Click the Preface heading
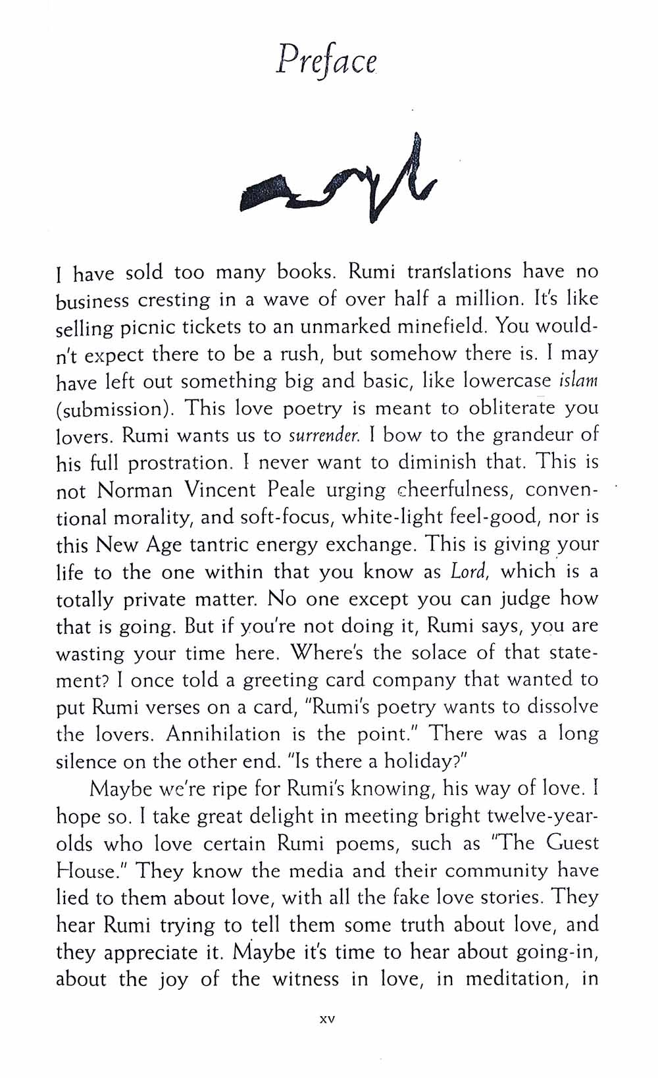tap(326, 63)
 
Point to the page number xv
tap(327, 1019)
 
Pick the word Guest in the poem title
tap(567, 843)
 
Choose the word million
tap(480, 299)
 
